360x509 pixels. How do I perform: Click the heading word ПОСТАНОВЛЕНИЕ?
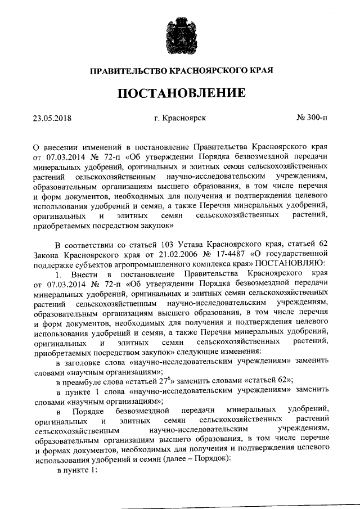point(180,93)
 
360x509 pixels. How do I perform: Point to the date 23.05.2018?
point(54,119)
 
